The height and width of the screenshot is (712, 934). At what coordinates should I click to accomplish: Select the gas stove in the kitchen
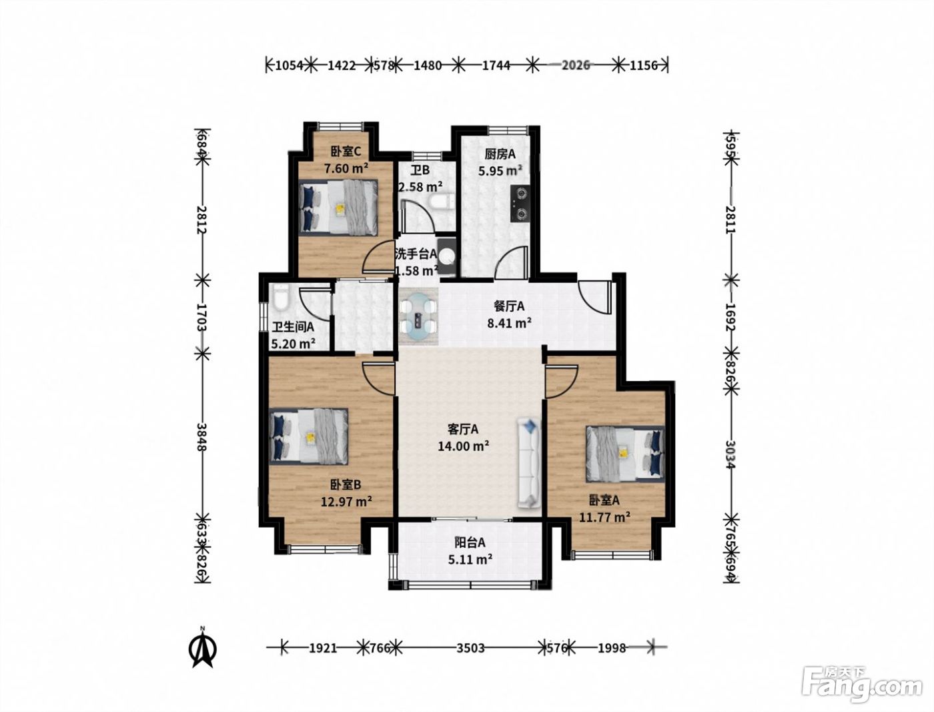click(521, 204)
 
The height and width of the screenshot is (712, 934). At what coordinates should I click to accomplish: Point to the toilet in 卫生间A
click(281, 297)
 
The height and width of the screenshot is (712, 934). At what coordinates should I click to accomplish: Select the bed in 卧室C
click(338, 208)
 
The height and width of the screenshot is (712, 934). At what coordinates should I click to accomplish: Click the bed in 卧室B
click(309, 436)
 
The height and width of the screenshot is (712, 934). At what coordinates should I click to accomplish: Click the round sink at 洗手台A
click(448, 256)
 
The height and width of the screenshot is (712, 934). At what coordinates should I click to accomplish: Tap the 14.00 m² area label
click(464, 446)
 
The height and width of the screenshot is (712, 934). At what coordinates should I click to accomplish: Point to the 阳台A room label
click(470, 543)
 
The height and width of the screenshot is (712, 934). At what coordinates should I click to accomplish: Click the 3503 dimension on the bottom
click(470, 648)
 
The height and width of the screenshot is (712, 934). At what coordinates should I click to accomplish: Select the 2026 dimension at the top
click(576, 65)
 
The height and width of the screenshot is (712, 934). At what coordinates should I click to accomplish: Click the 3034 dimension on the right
click(731, 454)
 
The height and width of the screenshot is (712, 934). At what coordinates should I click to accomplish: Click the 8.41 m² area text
click(509, 324)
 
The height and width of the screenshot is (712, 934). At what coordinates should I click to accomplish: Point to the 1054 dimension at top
click(290, 65)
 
